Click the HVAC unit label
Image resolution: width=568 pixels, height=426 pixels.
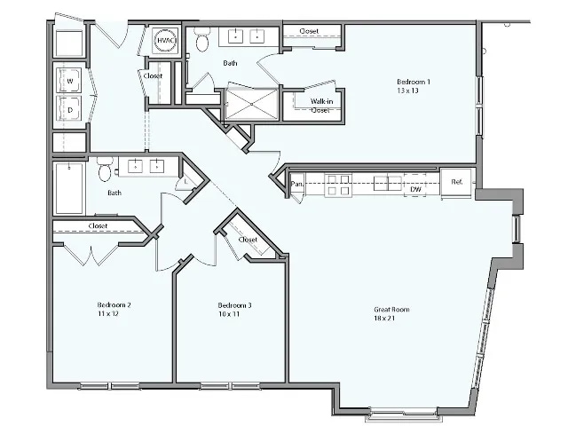165,42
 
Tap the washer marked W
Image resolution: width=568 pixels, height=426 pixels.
69,82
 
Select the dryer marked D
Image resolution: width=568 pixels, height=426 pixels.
69,108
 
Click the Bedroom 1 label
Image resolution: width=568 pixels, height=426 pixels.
410,82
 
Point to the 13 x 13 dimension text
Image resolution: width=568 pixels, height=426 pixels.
409,91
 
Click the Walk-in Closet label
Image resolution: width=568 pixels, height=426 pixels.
321,106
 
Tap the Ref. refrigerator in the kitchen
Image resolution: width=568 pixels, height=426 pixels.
457,183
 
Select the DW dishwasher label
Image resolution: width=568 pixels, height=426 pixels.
415,189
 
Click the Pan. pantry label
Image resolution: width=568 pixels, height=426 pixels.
297,185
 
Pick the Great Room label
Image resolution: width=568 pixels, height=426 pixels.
391,310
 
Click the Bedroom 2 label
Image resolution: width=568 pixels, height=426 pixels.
114,305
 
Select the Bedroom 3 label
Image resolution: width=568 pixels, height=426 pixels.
235,305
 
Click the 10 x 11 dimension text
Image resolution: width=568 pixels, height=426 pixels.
229,314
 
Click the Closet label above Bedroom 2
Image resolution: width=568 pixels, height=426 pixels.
99,226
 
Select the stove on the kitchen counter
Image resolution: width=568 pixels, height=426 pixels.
337,185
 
